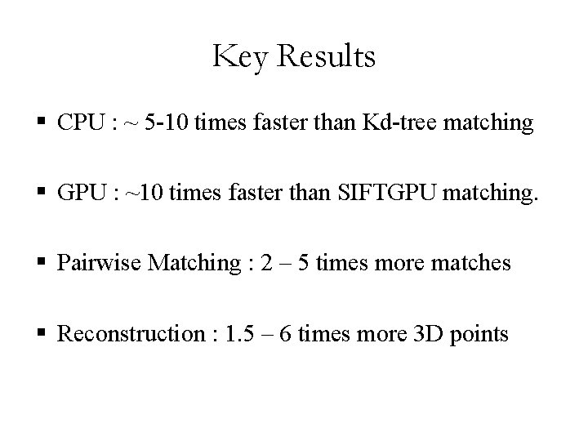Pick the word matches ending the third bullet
473,264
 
